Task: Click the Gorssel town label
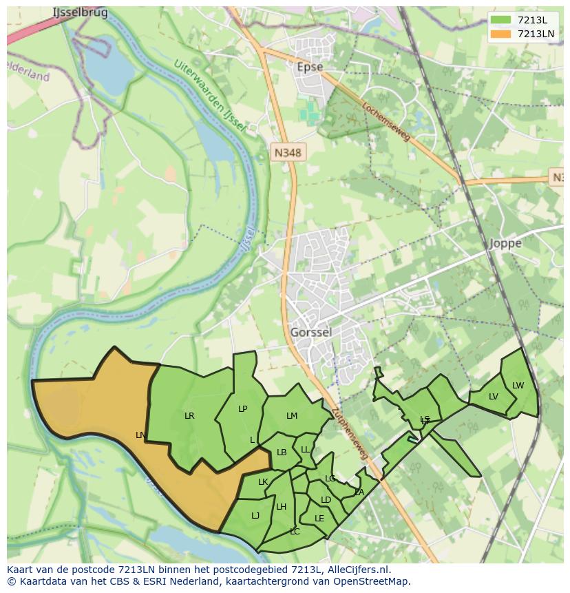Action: point(310,332)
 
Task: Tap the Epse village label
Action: point(309,67)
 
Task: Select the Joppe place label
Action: point(505,243)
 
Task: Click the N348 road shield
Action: point(287,153)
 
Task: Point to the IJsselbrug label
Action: point(80,13)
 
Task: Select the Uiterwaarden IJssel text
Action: point(210,96)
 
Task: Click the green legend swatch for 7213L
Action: point(501,20)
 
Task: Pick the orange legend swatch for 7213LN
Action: point(501,34)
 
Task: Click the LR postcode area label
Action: point(189,415)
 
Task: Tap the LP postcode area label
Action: point(242,408)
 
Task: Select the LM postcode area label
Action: point(292,415)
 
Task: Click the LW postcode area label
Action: point(518,386)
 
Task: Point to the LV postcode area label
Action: point(494,397)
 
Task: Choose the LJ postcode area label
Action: point(255,515)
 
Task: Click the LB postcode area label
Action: point(282,452)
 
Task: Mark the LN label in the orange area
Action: point(140,435)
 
